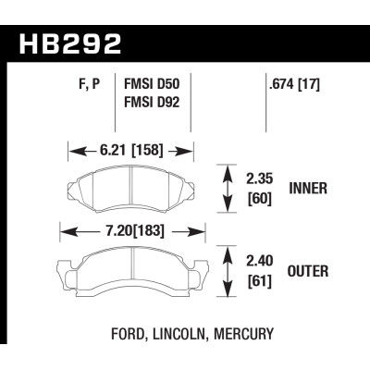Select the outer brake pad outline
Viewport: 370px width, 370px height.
pos(129,268)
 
